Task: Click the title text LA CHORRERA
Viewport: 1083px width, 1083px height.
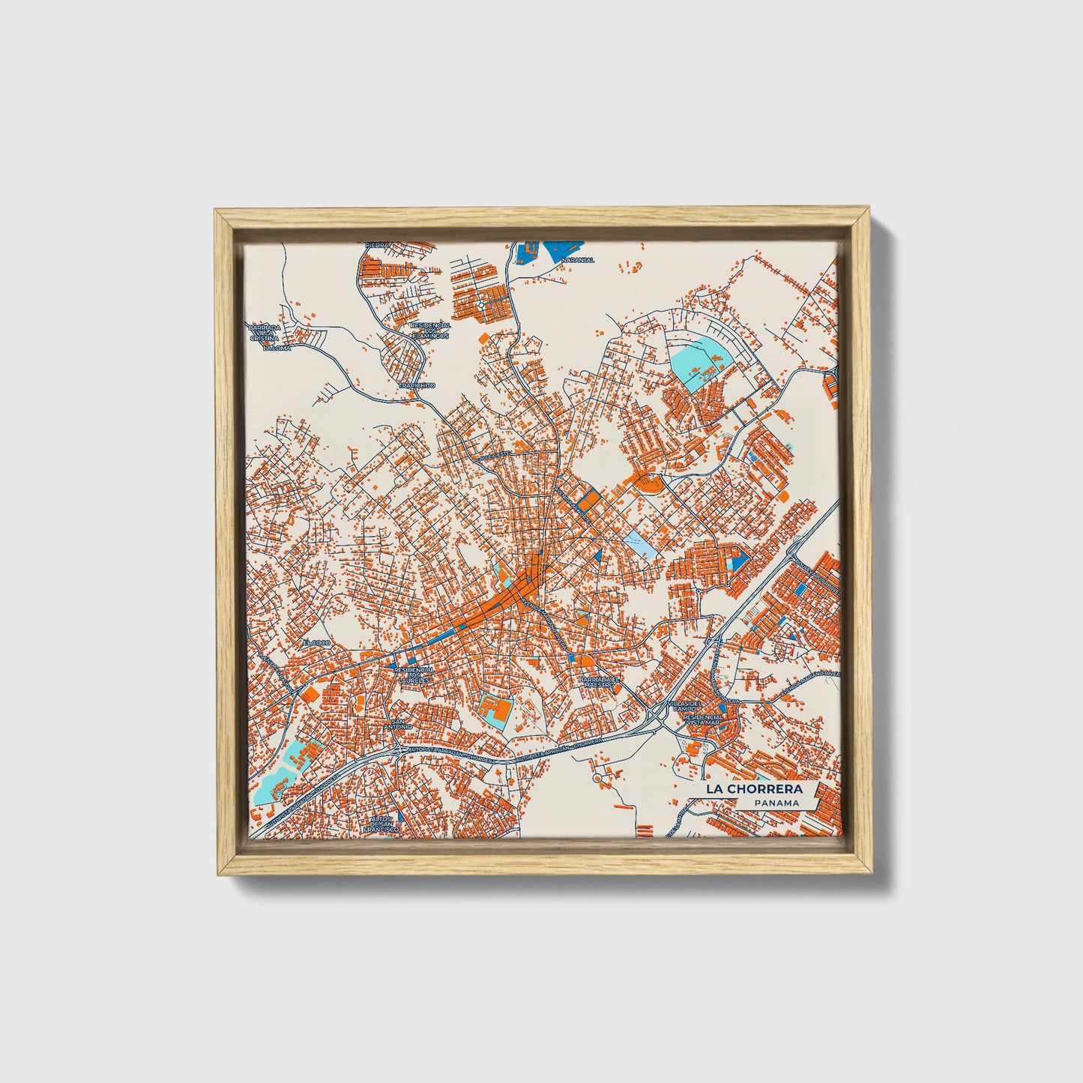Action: pos(753,789)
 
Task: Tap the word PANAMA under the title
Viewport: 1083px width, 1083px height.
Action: pos(776,803)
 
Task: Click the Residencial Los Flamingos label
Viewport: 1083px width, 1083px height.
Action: pos(430,331)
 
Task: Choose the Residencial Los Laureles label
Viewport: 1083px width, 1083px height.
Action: pos(413,675)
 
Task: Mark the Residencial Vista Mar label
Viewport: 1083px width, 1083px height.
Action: pos(703,720)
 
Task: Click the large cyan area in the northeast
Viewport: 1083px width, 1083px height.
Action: pos(697,357)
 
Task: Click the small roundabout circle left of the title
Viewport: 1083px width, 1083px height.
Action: pos(597,778)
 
